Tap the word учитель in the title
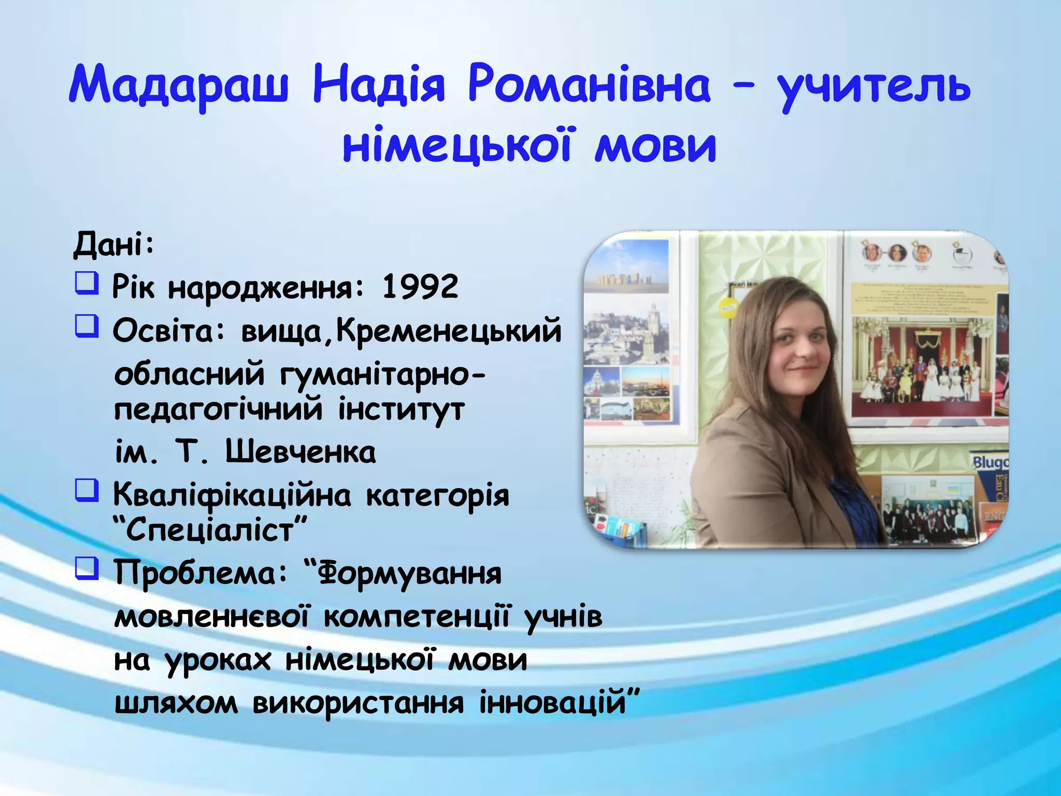[x=874, y=86]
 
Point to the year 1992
[x=420, y=286]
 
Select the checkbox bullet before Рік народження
[x=87, y=283]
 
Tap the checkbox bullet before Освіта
[x=87, y=326]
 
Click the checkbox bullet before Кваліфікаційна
[x=87, y=490]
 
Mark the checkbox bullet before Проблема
[x=87, y=568]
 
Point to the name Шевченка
[x=300, y=452]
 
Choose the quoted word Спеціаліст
[x=210, y=530]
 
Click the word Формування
[x=409, y=574]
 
